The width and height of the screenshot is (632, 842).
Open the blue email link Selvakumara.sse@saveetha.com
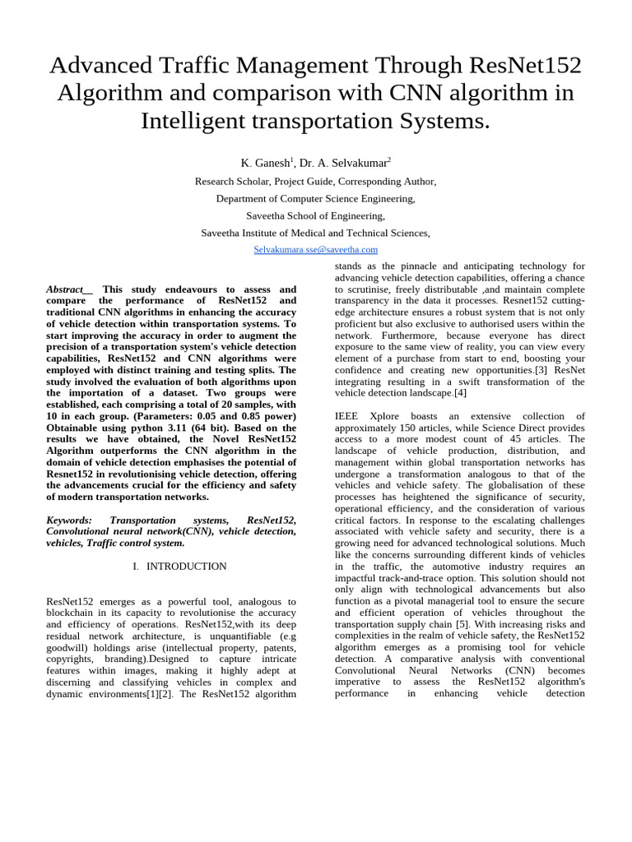(x=316, y=249)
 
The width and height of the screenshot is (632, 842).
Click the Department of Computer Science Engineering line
(x=316, y=198)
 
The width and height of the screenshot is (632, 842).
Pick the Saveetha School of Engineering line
(x=316, y=215)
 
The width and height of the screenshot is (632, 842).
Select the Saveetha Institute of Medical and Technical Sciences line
(x=316, y=233)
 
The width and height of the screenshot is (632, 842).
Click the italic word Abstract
(x=66, y=289)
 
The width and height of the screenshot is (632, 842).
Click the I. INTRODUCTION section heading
(x=179, y=567)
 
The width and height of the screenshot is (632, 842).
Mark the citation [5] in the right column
(x=462, y=624)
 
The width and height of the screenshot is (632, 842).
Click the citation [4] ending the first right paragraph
(x=460, y=393)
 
